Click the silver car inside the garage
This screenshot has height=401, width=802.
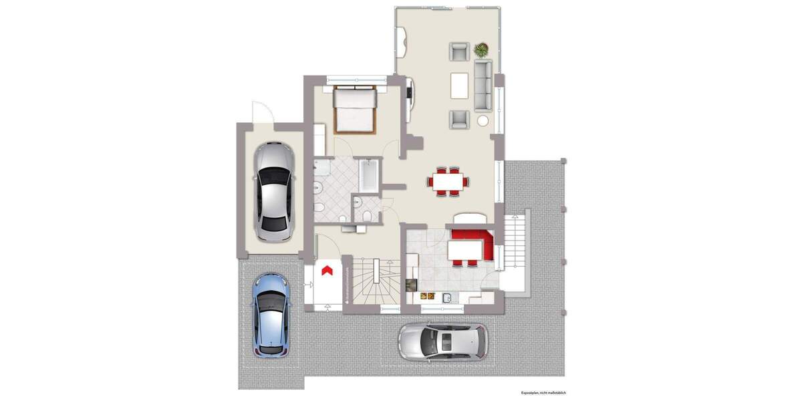pos(274,192)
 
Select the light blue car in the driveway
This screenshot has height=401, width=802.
pos(271,314)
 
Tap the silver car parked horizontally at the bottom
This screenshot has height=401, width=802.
pos(443,342)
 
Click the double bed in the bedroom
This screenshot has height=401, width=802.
pos(354,110)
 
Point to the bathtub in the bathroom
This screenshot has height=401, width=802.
pos(368,174)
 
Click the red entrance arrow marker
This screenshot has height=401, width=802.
pos(327,270)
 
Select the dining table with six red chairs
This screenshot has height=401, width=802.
pos(448,181)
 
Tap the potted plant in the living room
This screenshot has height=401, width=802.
pos(481,49)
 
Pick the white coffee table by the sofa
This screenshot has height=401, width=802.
pos(460,85)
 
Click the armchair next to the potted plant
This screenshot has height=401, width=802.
pos(460,51)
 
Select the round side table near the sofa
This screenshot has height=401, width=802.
pos(483,121)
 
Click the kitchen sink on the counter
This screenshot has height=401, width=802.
pos(447,297)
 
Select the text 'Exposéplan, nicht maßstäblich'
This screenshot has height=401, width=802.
pos(544,394)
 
